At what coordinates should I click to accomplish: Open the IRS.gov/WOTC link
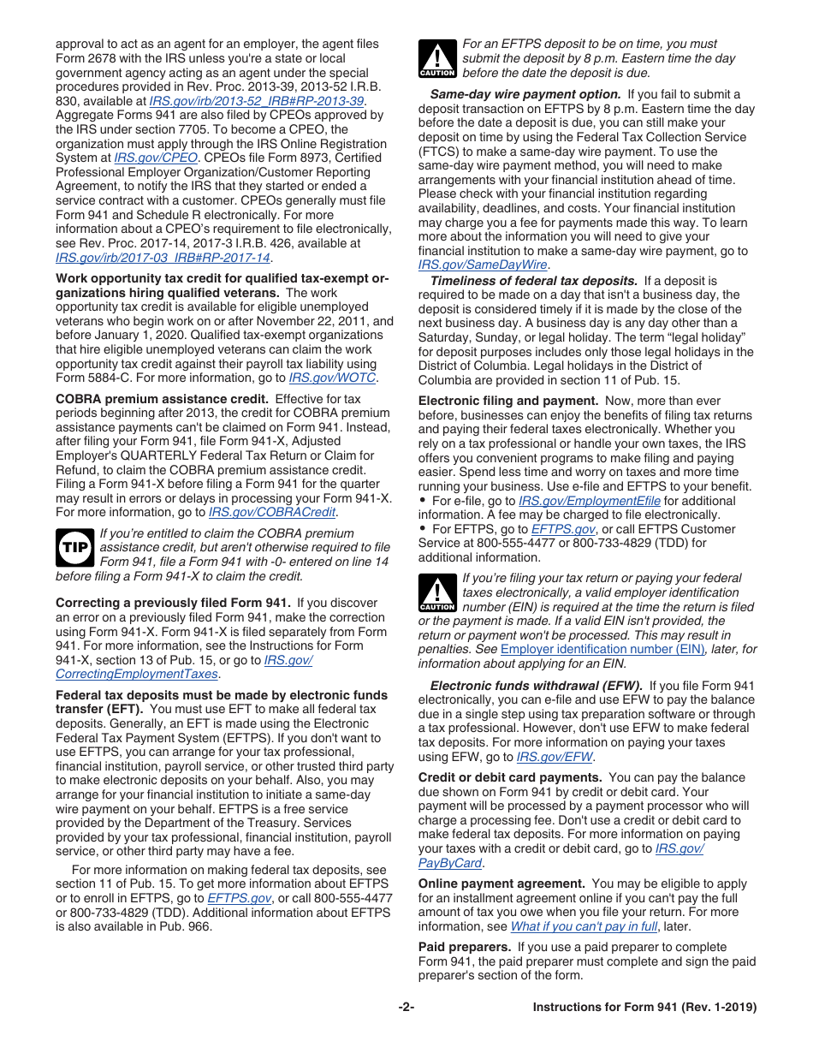[332, 378]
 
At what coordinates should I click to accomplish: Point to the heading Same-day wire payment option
[525, 94]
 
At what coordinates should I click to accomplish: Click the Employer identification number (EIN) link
[602, 650]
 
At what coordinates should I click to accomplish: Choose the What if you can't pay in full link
[584, 926]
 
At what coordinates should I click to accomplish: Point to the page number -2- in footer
[406, 1008]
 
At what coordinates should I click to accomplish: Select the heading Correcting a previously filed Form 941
[173, 603]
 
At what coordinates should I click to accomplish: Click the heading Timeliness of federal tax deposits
[533, 280]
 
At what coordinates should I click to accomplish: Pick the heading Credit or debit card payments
[510, 777]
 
